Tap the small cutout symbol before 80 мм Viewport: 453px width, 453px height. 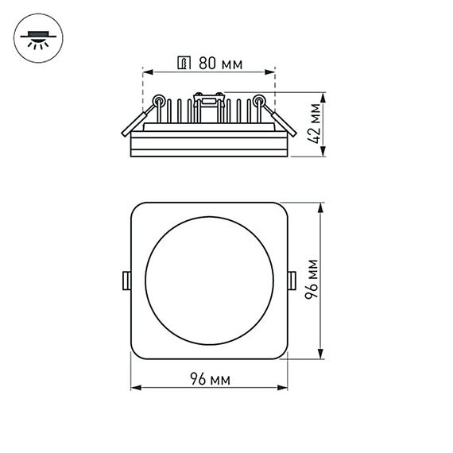click(x=186, y=63)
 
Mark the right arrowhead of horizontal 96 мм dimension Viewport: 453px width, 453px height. click(x=285, y=389)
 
